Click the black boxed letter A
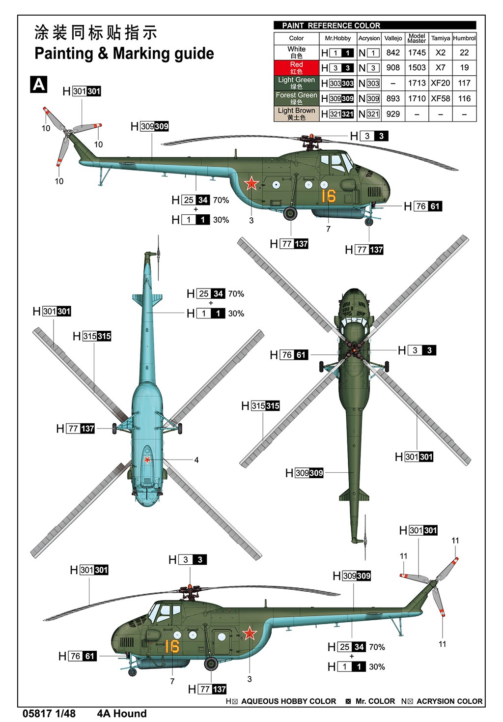click(x=39, y=85)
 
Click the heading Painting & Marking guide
click(x=124, y=53)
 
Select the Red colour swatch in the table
click(x=296, y=68)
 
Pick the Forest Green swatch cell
click(x=296, y=98)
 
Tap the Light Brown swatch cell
click(x=296, y=114)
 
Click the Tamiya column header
click(x=440, y=38)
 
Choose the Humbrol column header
click(x=464, y=38)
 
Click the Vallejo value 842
click(x=393, y=53)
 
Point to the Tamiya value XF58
click(x=440, y=98)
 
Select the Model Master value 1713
click(x=417, y=83)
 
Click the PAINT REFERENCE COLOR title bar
click(x=374, y=26)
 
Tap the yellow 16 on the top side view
click(x=328, y=196)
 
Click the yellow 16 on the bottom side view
click(x=172, y=646)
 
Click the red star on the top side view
click(x=251, y=183)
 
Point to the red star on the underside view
click(x=147, y=460)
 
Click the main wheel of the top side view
click(x=290, y=213)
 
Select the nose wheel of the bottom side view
click(x=132, y=672)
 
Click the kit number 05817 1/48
click(x=49, y=714)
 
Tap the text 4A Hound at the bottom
click(x=122, y=714)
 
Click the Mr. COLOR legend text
click(x=375, y=701)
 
